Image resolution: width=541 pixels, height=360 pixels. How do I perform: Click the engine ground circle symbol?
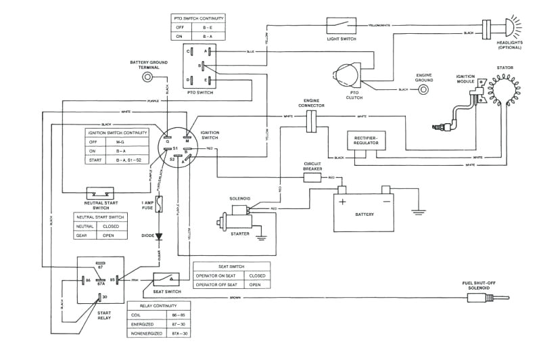424,90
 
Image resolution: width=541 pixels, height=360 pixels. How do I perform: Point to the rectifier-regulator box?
366,141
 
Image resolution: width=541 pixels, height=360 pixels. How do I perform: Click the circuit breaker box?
312,178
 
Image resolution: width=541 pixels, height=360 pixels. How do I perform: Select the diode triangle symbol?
160,237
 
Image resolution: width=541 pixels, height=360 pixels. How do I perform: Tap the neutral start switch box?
99,193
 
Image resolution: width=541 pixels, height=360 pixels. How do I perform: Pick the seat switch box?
167,278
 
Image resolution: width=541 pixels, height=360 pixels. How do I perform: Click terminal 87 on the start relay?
99,264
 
